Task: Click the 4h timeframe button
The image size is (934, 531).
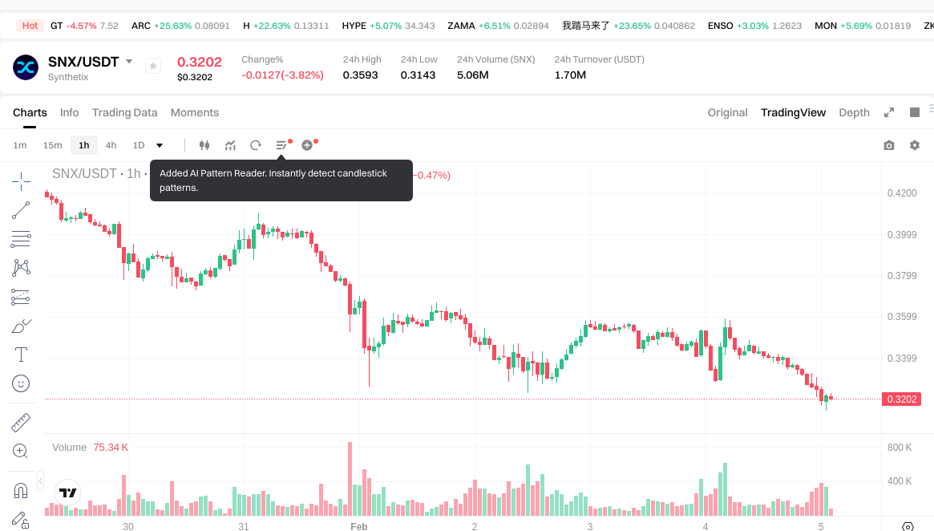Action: [x=111, y=145]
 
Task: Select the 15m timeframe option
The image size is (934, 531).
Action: [x=52, y=145]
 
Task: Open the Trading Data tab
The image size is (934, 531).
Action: [x=124, y=112]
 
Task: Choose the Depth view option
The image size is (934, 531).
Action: [x=854, y=112]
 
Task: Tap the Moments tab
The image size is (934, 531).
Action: [x=195, y=112]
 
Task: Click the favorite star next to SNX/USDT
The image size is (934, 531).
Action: [x=153, y=67]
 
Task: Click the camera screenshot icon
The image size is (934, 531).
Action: [x=888, y=145]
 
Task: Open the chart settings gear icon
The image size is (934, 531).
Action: [x=914, y=145]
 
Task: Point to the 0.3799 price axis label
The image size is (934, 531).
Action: [x=902, y=276]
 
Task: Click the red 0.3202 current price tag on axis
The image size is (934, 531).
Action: [x=902, y=399]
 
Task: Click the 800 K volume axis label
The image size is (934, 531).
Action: [x=900, y=448]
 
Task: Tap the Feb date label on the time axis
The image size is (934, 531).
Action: [x=359, y=526]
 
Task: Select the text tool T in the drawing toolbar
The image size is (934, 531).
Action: [x=21, y=355]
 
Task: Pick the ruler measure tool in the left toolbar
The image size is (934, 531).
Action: [x=21, y=422]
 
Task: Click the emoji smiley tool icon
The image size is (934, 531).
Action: [x=21, y=383]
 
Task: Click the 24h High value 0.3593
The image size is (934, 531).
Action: [x=360, y=75]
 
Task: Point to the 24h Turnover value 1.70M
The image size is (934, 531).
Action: [x=570, y=75]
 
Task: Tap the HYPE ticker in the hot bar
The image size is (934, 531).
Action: [x=354, y=26]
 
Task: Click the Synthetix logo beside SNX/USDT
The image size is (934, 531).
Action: [x=26, y=67]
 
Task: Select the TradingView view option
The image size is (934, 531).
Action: [x=793, y=112]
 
